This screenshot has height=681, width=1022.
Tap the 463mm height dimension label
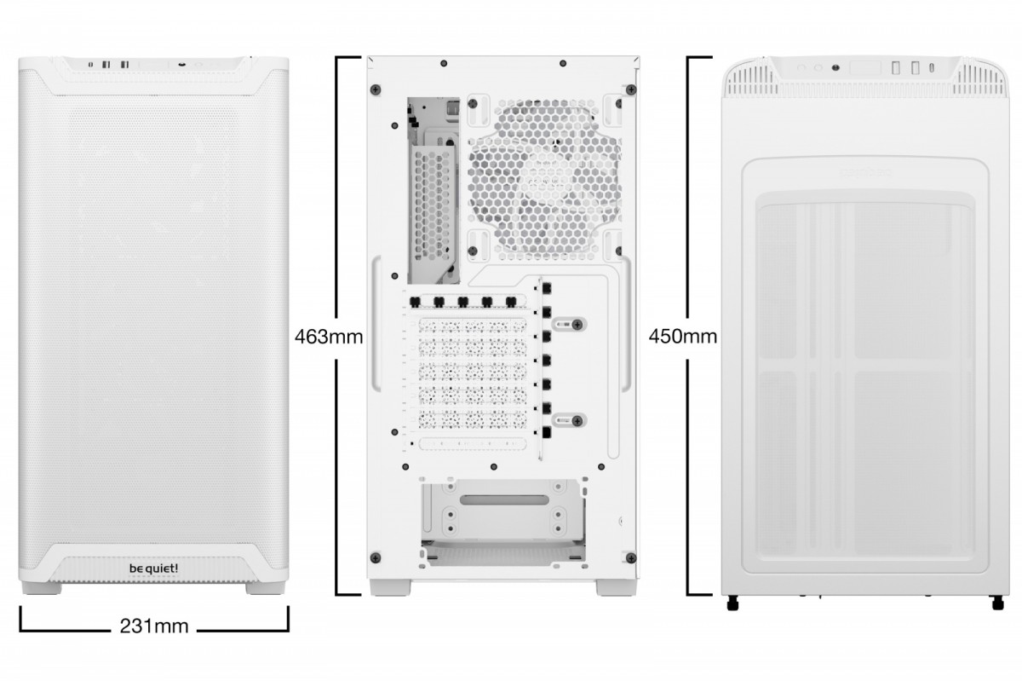pyautogui.click(x=329, y=337)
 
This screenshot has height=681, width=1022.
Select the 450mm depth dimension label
pyautogui.click(x=682, y=336)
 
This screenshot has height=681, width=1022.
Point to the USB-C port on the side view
pyautogui.click(x=935, y=68)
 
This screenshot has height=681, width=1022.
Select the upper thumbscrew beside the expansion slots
pyautogui.click(x=577, y=324)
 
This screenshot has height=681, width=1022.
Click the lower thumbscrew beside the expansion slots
pyautogui.click(x=577, y=419)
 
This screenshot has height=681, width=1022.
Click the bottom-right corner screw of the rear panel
pyautogui.click(x=629, y=557)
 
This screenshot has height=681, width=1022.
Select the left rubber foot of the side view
pyautogui.click(x=732, y=604)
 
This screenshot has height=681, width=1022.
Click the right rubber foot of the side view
pyautogui.click(x=997, y=604)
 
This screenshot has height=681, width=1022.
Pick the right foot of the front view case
pyautogui.click(x=260, y=589)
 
